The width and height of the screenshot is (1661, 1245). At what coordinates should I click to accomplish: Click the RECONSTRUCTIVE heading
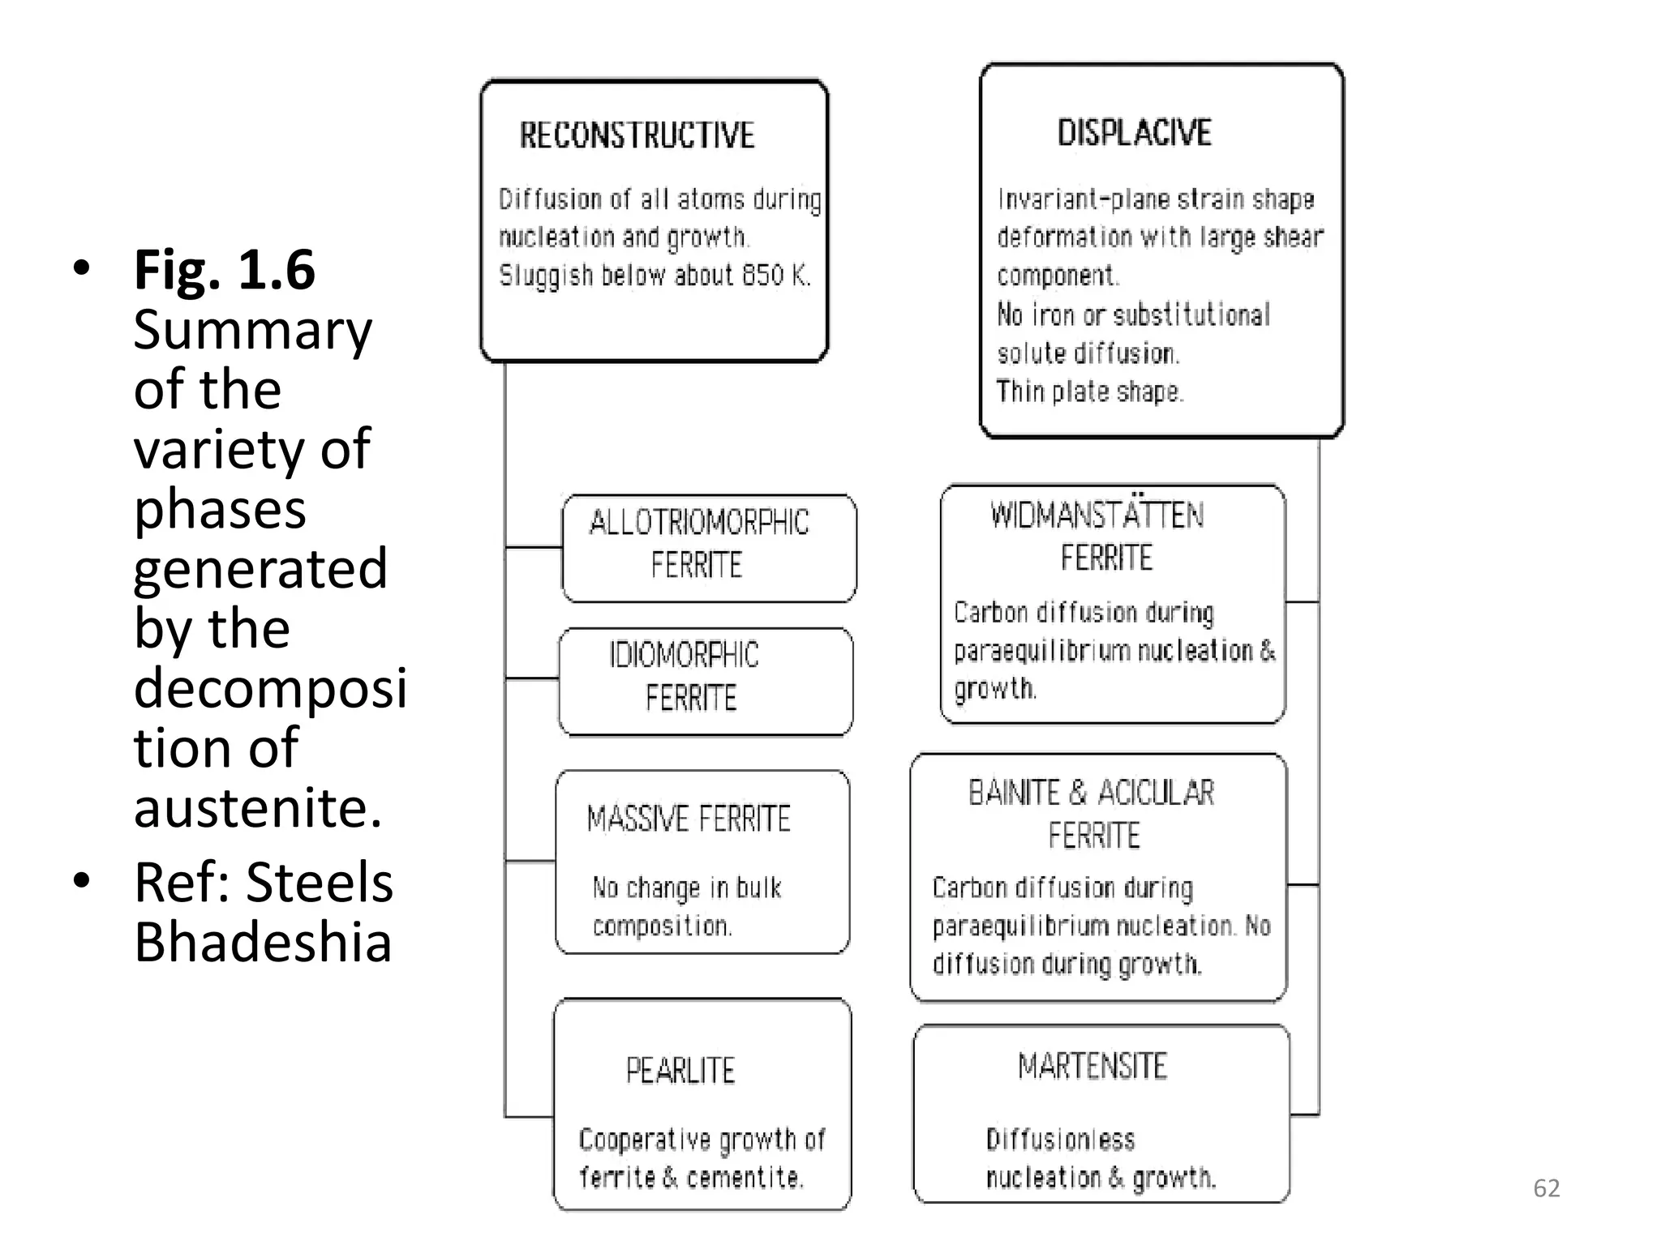637,135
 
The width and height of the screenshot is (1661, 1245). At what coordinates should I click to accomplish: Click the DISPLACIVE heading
1134,133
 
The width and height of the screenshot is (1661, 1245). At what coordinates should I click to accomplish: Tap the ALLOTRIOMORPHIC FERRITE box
708,547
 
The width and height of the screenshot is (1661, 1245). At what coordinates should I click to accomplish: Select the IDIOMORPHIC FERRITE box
705,681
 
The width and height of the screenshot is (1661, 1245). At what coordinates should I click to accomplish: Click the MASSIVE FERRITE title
688,819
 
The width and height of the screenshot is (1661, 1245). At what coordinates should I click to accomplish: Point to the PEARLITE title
680,1071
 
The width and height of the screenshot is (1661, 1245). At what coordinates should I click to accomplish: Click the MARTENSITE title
1092,1067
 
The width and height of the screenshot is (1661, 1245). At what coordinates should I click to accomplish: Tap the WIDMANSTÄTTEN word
1097,516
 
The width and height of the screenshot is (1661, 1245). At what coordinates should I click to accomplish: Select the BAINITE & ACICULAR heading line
1091,793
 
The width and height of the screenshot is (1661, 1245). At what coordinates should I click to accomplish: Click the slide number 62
1546,1188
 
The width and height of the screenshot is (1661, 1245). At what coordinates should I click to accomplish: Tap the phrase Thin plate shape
1089,391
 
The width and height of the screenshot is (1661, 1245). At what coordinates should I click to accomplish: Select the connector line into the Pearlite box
529,1117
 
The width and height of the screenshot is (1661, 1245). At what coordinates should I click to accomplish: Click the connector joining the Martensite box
1304,1115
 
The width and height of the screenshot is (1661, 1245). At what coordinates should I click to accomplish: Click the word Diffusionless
1060,1140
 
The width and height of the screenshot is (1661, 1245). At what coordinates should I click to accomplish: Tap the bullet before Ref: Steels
80,880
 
